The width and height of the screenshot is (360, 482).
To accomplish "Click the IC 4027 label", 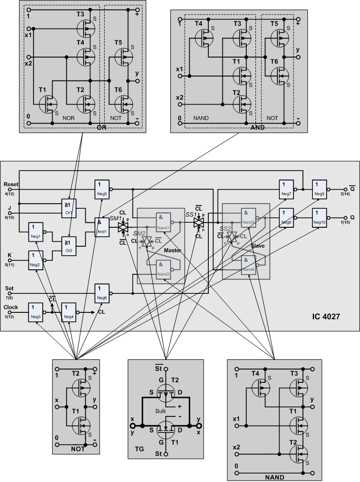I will tap(331, 316).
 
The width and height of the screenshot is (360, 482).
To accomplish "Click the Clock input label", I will tap(11, 307).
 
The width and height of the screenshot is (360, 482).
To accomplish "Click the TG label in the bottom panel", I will tap(140, 449).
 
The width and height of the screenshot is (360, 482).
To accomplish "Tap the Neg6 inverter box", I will tap(102, 291).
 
